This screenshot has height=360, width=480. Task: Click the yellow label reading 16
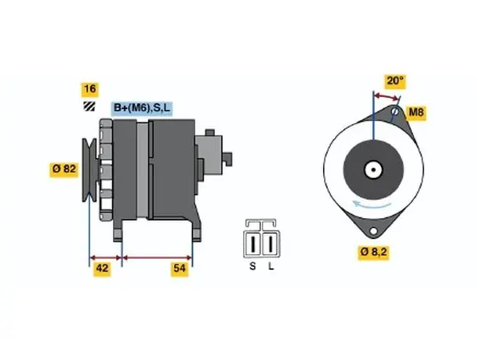pyautogui.click(x=90, y=89)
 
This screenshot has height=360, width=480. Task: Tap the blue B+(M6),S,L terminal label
pyautogui.click(x=142, y=108)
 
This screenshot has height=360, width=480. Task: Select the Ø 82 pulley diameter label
pyautogui.click(x=64, y=169)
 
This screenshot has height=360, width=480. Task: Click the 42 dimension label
pyautogui.click(x=102, y=268)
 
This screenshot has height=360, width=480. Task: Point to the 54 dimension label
pyautogui.click(x=180, y=268)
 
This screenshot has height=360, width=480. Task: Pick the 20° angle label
pyautogui.click(x=395, y=81)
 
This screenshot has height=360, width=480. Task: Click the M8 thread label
pyautogui.click(x=416, y=113)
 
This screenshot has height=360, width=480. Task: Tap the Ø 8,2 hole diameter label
pyautogui.click(x=373, y=253)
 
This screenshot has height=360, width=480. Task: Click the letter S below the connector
pyautogui.click(x=253, y=267)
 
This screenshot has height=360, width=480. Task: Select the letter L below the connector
pyautogui.click(x=271, y=267)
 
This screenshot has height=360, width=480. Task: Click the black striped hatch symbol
pyautogui.click(x=89, y=106)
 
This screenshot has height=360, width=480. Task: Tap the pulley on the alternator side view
pyautogui.click(x=89, y=170)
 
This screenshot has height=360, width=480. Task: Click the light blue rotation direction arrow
pyautogui.click(x=371, y=205)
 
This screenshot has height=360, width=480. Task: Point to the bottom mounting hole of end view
pyautogui.click(x=373, y=231)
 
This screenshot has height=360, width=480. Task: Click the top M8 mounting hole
pyautogui.click(x=395, y=111)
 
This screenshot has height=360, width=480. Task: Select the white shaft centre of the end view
pyautogui.click(x=373, y=169)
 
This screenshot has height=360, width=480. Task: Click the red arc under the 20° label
pyautogui.click(x=387, y=97)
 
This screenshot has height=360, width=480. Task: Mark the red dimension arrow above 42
pyautogui.click(x=105, y=258)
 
